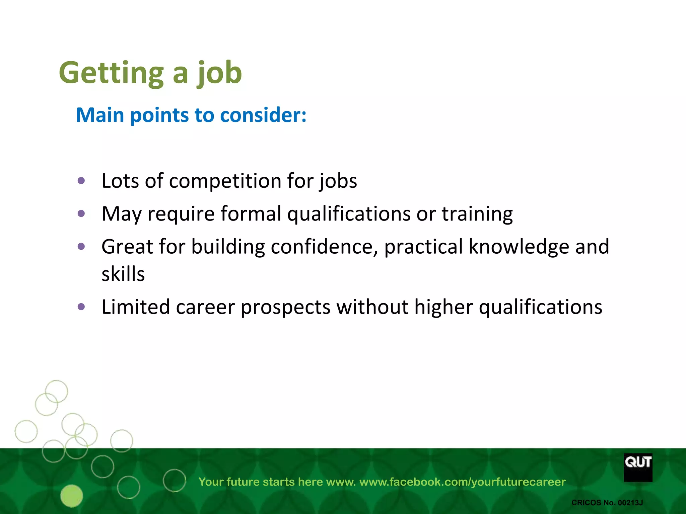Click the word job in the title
coord(219,73)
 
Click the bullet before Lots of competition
coord(81,181)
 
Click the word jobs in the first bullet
coord(338,181)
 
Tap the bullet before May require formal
coord(81,213)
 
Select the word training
coord(477,213)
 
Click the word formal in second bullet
coord(251,213)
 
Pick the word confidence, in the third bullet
coord(324,247)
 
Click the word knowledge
coord(519,247)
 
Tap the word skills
coord(123,274)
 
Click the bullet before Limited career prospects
coord(81,307)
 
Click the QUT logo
coord(638,467)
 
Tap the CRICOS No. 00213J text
coord(607,503)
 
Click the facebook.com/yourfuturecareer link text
coord(462,482)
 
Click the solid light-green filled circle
coord(72,496)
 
